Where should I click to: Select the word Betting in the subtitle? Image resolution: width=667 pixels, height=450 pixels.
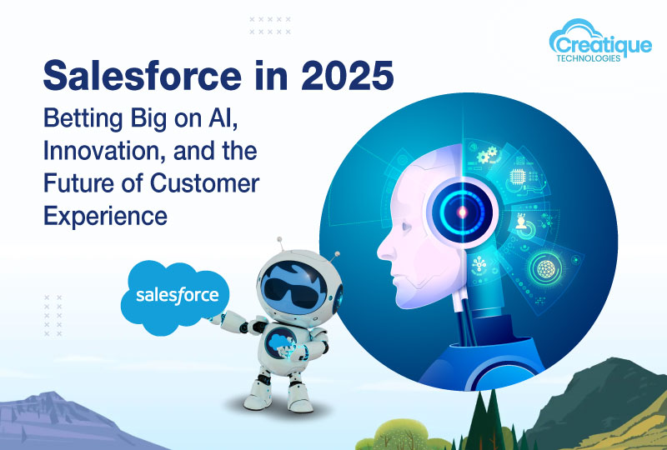click(81, 119)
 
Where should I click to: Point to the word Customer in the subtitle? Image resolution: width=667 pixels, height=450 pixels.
click(212, 183)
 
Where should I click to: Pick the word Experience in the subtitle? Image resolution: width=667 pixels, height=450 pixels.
click(105, 216)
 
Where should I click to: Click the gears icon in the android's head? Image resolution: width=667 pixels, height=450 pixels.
click(486, 156)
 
